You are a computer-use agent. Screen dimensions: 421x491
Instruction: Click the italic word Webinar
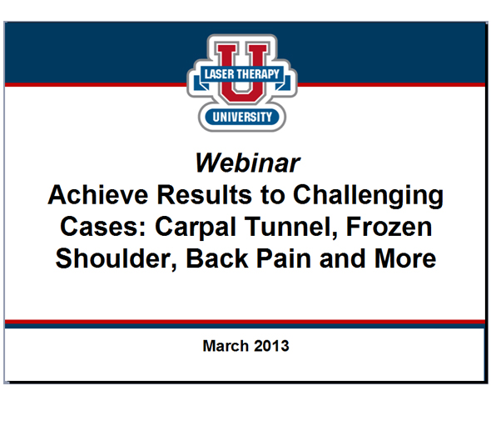click(x=245, y=160)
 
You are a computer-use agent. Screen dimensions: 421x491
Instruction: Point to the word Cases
click(x=97, y=227)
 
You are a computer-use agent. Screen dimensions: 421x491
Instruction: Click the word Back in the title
click(x=216, y=258)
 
